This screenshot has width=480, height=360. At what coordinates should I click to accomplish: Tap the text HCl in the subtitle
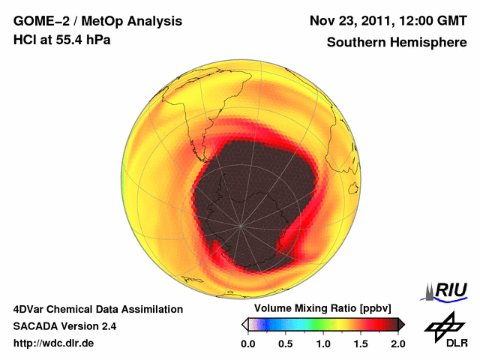(x=24, y=39)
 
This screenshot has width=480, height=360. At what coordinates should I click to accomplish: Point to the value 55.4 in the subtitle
(x=66, y=39)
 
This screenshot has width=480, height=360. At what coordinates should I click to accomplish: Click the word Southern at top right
(x=355, y=43)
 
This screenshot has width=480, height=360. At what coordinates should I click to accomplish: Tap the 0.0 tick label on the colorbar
(x=247, y=343)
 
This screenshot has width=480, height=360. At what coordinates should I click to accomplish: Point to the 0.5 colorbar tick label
(x=285, y=343)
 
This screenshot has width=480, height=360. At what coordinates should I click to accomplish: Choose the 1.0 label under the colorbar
(x=322, y=343)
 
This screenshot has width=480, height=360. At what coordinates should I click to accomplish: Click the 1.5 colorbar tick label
(x=360, y=343)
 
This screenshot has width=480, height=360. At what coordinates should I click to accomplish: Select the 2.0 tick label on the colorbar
(x=397, y=343)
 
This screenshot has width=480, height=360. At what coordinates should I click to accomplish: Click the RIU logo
(x=447, y=291)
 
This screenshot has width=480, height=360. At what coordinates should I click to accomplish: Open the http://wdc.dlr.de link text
(x=54, y=343)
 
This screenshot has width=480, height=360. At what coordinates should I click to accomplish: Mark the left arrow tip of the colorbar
(x=243, y=324)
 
